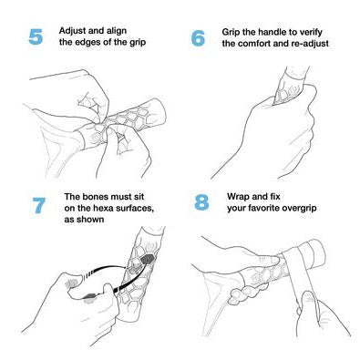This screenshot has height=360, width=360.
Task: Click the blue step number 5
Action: (36, 36)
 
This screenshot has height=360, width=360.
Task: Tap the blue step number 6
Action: (198, 38)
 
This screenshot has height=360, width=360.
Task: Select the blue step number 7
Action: (39, 205)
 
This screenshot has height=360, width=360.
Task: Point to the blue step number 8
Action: (201, 202)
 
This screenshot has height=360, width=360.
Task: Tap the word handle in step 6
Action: (273, 32)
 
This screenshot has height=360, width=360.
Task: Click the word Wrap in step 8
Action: (239, 196)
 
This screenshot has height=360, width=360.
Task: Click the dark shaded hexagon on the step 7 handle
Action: (148, 260)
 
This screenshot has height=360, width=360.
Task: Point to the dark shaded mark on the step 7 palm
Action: (90, 295)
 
